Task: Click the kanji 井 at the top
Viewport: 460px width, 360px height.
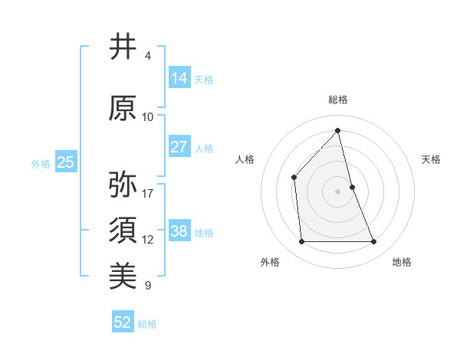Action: coord(123,47)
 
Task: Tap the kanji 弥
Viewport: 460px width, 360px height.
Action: coord(123,185)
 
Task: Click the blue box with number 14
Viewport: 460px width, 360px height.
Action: coord(179,77)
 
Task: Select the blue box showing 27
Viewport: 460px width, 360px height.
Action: coord(179,147)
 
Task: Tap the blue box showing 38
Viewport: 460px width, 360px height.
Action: coord(179,231)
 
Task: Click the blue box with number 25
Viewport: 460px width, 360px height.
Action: coord(65,162)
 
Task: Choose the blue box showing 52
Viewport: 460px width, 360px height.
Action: coord(123,322)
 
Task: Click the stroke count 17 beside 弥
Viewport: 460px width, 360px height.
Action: coord(148,193)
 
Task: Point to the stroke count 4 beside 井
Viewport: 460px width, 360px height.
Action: coord(148,56)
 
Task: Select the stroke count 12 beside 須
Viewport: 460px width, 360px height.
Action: coord(148,240)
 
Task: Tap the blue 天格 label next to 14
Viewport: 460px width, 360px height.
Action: coord(204,79)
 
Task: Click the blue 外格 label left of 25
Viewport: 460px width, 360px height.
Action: coord(41,163)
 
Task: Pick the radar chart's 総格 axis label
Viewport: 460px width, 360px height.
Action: coord(338,100)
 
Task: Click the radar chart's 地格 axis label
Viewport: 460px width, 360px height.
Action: coord(402,262)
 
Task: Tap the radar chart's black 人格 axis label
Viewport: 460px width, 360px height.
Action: coord(245,159)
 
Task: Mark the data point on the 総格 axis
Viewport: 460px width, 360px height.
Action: coord(338,130)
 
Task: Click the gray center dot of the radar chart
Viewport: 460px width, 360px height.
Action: coord(338,191)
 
